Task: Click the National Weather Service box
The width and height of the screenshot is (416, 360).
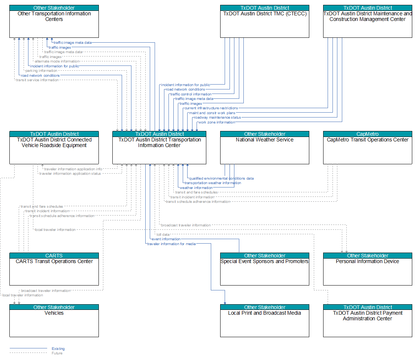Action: pos(264,148)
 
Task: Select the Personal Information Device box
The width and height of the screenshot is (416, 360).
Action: pos(367,269)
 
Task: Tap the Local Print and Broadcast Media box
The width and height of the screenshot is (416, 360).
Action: pos(264,321)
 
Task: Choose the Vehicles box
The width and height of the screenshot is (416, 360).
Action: pos(54,321)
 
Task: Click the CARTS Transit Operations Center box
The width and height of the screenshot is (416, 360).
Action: pos(54,269)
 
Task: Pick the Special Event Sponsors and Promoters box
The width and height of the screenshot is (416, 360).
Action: pos(264,269)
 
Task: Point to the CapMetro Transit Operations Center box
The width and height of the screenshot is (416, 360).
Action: pos(367,148)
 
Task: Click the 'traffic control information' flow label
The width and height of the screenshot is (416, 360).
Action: pos(191,94)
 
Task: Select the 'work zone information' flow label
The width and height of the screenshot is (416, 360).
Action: pos(217,122)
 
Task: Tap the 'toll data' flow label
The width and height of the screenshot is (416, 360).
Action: pos(163,234)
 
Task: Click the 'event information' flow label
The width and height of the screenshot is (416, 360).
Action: pos(166,239)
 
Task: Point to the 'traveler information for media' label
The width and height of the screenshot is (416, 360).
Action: pos(171,244)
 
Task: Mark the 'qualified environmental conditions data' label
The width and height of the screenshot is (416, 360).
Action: pos(221,179)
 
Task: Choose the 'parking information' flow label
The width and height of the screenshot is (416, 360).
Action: pos(42,71)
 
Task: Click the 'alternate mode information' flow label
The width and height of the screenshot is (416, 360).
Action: pos(57,61)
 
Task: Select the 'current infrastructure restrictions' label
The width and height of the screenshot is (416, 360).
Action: pos(211,108)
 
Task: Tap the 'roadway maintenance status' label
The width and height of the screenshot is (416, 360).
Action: pos(217,118)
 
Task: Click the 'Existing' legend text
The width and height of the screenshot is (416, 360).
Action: pos(58,349)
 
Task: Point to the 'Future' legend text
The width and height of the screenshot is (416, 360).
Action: pos(57,353)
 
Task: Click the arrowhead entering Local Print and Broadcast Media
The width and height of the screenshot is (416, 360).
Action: pos(225,303)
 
